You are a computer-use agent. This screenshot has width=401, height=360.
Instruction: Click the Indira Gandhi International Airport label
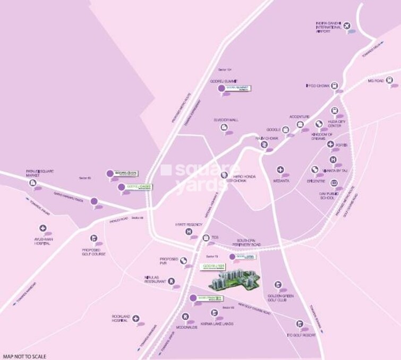[327, 28]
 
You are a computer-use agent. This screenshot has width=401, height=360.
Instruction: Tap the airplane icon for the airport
[348, 25]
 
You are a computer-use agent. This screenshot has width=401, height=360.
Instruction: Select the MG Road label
[376, 81]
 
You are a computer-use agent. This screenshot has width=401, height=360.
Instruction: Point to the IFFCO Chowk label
[318, 84]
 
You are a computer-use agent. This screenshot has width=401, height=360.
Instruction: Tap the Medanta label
[281, 181]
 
